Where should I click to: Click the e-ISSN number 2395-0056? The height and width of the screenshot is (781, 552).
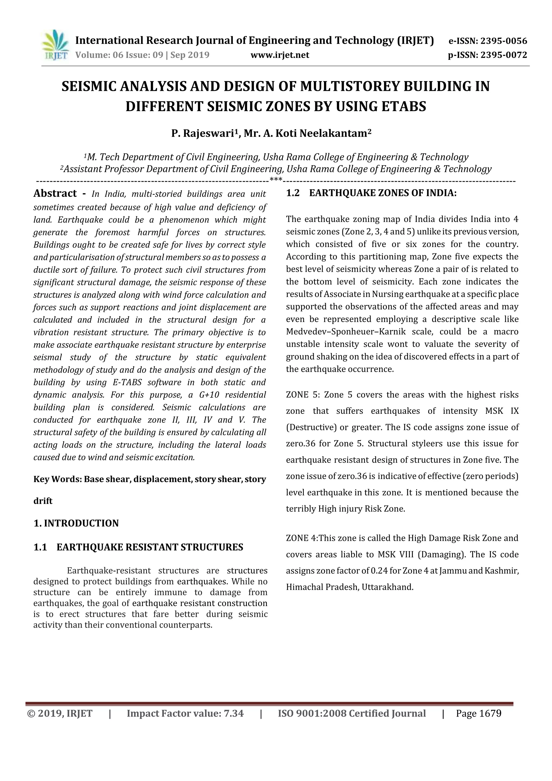coord(503,42)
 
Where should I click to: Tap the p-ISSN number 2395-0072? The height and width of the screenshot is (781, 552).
coord(503,55)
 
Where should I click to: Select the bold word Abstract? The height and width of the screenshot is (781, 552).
coord(55,193)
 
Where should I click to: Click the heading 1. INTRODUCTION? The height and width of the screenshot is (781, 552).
coord(76,523)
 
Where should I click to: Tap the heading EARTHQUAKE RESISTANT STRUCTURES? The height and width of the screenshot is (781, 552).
coord(150,547)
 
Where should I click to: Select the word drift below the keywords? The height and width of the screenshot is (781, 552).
coord(43,501)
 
